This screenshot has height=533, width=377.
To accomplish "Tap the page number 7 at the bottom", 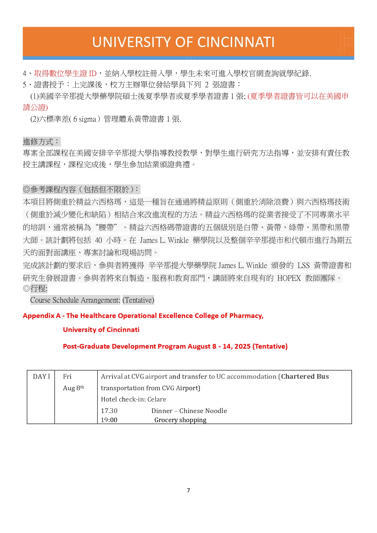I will (188, 490).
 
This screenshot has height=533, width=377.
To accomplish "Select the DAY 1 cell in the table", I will (41, 377).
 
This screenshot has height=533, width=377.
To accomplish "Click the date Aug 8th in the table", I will (73, 388).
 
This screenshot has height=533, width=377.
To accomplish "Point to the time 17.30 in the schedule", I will (109, 411).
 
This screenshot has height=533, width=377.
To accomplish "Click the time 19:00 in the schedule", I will (109, 420).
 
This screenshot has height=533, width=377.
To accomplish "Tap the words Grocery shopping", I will (180, 420).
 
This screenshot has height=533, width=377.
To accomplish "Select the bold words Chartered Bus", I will (305, 377).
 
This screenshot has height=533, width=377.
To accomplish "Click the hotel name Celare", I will (157, 399).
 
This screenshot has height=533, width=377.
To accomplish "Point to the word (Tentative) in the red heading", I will (270, 347).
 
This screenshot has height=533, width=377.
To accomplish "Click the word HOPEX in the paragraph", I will (289, 278).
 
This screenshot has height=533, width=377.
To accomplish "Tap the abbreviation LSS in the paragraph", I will (303, 265).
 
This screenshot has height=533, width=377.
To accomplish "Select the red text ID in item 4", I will (92, 73).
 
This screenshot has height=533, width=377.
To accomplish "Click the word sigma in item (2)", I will (87, 119).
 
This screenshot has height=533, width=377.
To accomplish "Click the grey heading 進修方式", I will (38, 142).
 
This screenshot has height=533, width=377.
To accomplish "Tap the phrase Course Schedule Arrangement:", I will (75, 300).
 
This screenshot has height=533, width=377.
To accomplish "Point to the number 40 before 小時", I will (98, 240).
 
